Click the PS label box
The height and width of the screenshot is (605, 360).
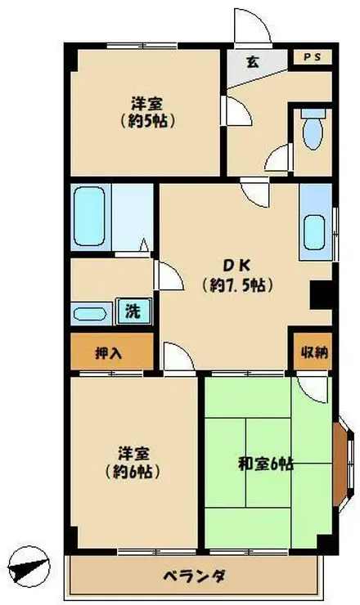point(312,57)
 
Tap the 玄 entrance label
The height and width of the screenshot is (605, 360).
point(253,60)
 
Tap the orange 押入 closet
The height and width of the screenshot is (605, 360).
point(110,353)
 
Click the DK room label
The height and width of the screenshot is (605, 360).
point(237,265)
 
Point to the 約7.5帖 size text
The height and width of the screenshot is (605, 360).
point(236,286)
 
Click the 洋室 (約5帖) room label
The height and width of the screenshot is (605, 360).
point(147,112)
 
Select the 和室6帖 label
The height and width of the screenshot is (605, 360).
point(267,464)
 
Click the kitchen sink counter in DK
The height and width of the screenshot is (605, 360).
point(315,219)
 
